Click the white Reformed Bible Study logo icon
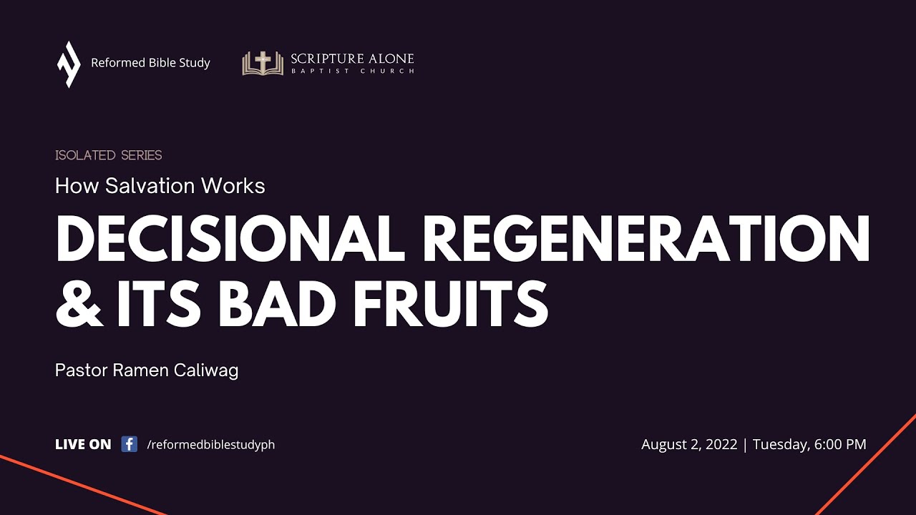69,64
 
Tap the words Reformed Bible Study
150,63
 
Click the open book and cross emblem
263,63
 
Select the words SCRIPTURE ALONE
352,58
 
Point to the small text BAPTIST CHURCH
352,72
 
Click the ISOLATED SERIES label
109,155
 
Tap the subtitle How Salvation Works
160,186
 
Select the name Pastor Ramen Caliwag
147,371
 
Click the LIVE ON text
83,444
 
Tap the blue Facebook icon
130,444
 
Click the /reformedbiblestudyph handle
210,445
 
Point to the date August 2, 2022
689,444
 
